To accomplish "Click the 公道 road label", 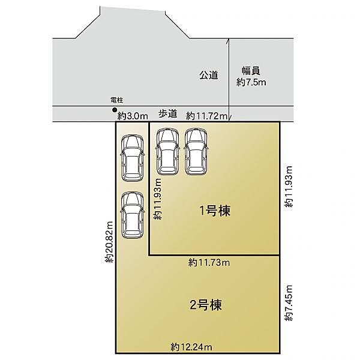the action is click(208, 75).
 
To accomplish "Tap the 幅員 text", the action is click(251, 71).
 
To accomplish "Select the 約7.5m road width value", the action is click(251, 82).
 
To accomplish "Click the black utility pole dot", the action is click(114, 110).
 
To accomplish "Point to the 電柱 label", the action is click(117, 100).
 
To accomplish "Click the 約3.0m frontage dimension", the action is click(133, 116).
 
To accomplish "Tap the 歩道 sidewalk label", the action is click(168, 113).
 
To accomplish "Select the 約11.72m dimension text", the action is click(206, 116).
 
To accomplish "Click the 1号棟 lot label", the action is click(215, 211).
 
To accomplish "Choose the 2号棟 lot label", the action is click(206, 305).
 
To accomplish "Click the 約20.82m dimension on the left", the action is click(109, 242).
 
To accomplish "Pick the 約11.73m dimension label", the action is click(209, 262).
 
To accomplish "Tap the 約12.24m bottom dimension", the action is click(191, 347).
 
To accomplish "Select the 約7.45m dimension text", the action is click(289, 303).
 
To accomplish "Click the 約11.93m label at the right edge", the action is click(289, 187).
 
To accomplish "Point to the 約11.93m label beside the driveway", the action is click(158, 199).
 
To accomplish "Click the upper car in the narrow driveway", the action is click(133, 158).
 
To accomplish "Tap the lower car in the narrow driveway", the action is click(133, 215).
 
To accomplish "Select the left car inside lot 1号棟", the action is click(167, 151).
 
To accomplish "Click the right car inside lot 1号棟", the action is click(196, 152).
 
